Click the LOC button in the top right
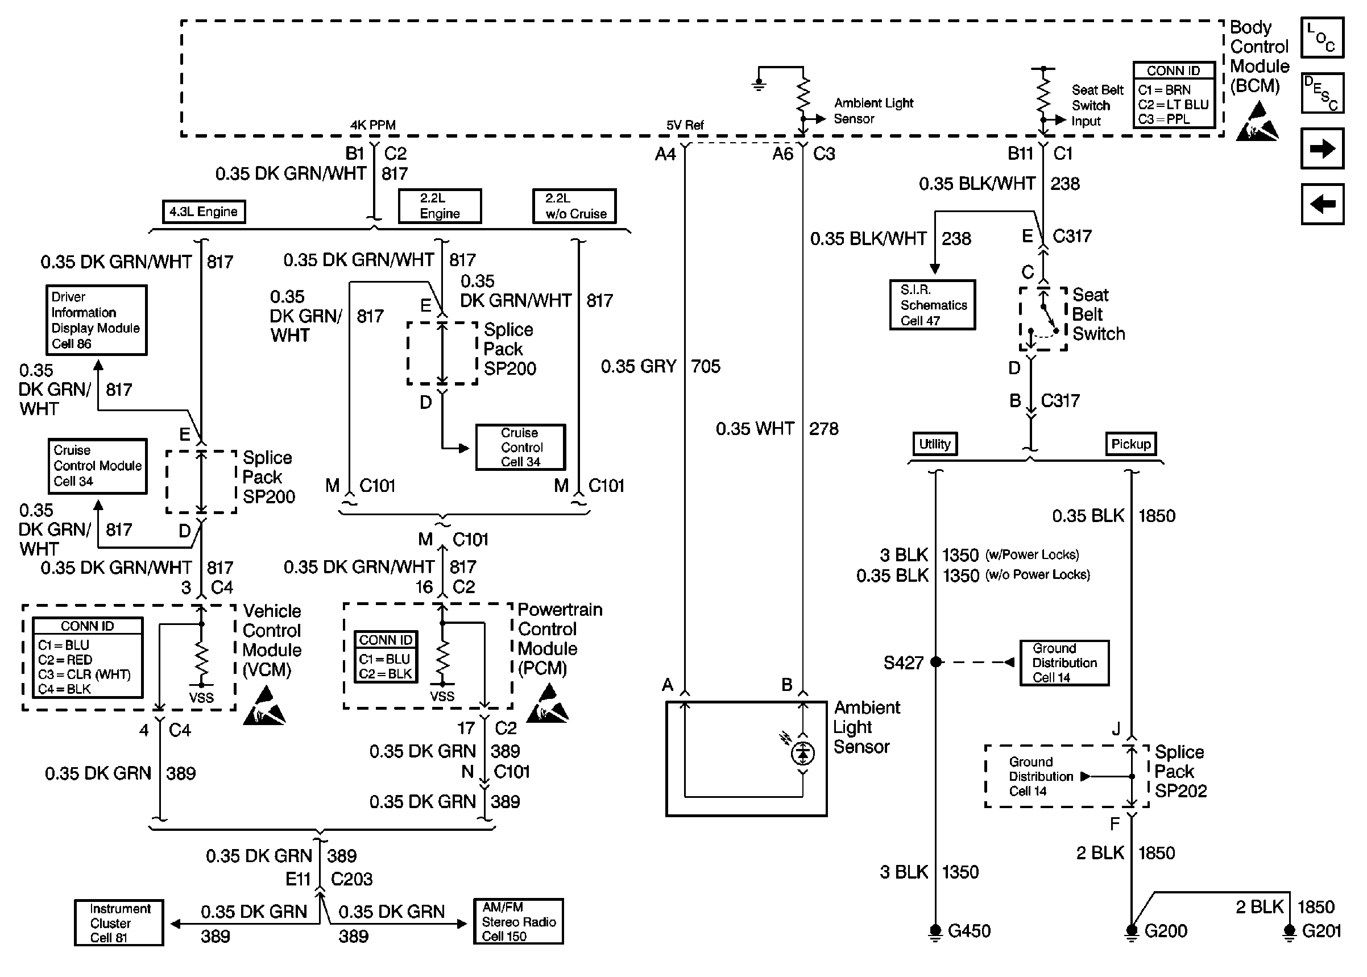coord(1322,38)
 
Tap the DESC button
coord(1322,93)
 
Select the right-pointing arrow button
coord(1322,148)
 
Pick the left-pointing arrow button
coord(1322,204)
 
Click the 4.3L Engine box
coord(204,212)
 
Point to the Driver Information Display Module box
coord(96,320)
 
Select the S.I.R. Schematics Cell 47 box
coord(932,305)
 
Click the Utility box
coord(935,444)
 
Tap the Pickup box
coord(1130,444)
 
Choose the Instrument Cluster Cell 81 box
coord(119,923)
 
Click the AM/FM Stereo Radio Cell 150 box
coord(518,922)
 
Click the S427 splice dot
coord(936,662)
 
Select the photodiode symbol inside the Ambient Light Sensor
coord(803,752)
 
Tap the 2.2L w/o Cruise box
coord(574,206)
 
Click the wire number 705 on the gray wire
coord(706,366)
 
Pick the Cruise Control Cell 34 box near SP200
coord(520,447)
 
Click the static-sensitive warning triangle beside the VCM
coord(264,707)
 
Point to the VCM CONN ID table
coord(88,657)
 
